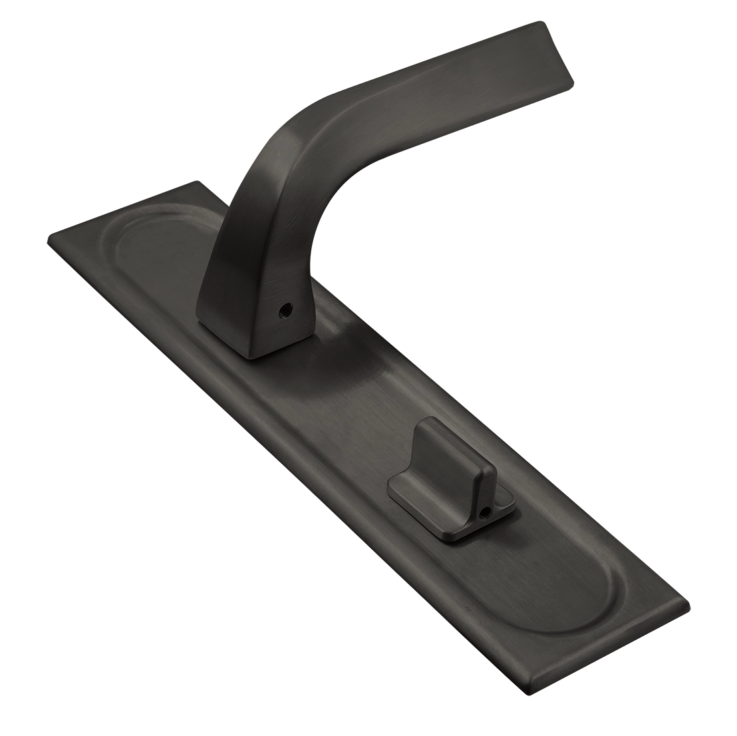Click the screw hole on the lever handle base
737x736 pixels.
point(287,309)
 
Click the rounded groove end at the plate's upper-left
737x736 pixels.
point(126,233)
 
